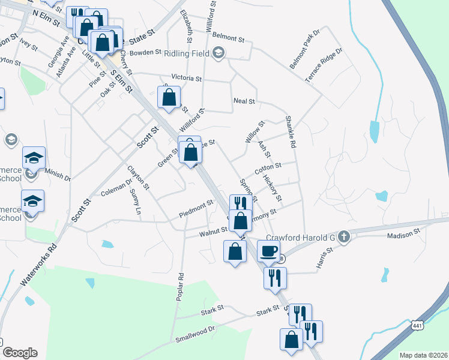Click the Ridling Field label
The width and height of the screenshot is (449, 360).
[x=187, y=53]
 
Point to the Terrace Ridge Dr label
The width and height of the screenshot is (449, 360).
[x=323, y=62]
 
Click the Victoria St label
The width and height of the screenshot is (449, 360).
[x=186, y=79]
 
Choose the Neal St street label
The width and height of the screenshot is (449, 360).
[x=244, y=102]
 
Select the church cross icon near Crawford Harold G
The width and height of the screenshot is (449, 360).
[x=343, y=236]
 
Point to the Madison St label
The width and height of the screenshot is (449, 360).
[x=401, y=236]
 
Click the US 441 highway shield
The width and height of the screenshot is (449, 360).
[x=417, y=325]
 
